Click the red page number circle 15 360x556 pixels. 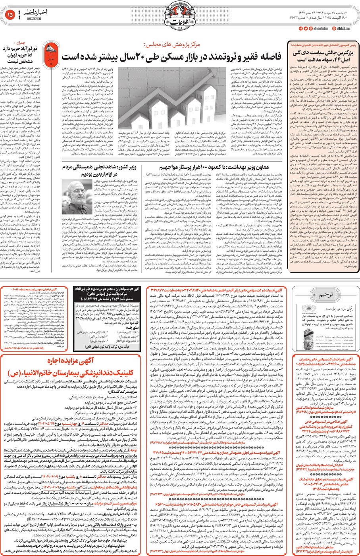pos(10,15)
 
